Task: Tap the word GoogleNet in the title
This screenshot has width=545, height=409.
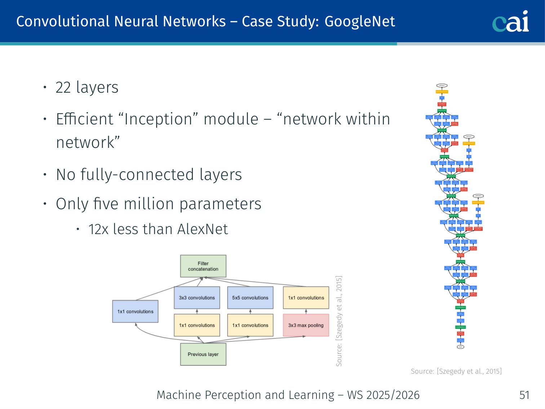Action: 360,22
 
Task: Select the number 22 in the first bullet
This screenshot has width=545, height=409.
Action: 63,88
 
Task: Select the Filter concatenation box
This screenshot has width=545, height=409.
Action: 203,266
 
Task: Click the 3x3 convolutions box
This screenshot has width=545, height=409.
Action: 197,298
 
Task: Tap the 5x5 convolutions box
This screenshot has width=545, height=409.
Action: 250,298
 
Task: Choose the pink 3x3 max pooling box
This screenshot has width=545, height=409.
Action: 306,325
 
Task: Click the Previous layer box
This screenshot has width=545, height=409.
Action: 203,354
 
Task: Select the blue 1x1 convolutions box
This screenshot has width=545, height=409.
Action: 135,311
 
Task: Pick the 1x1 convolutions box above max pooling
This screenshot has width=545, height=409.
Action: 306,298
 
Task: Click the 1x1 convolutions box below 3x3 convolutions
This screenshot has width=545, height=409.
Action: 197,325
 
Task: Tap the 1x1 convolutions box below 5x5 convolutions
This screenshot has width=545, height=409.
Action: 250,325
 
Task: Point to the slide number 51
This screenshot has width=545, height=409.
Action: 524,395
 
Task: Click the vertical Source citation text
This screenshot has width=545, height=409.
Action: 339,321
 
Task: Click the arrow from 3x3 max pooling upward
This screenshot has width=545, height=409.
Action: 306,311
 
